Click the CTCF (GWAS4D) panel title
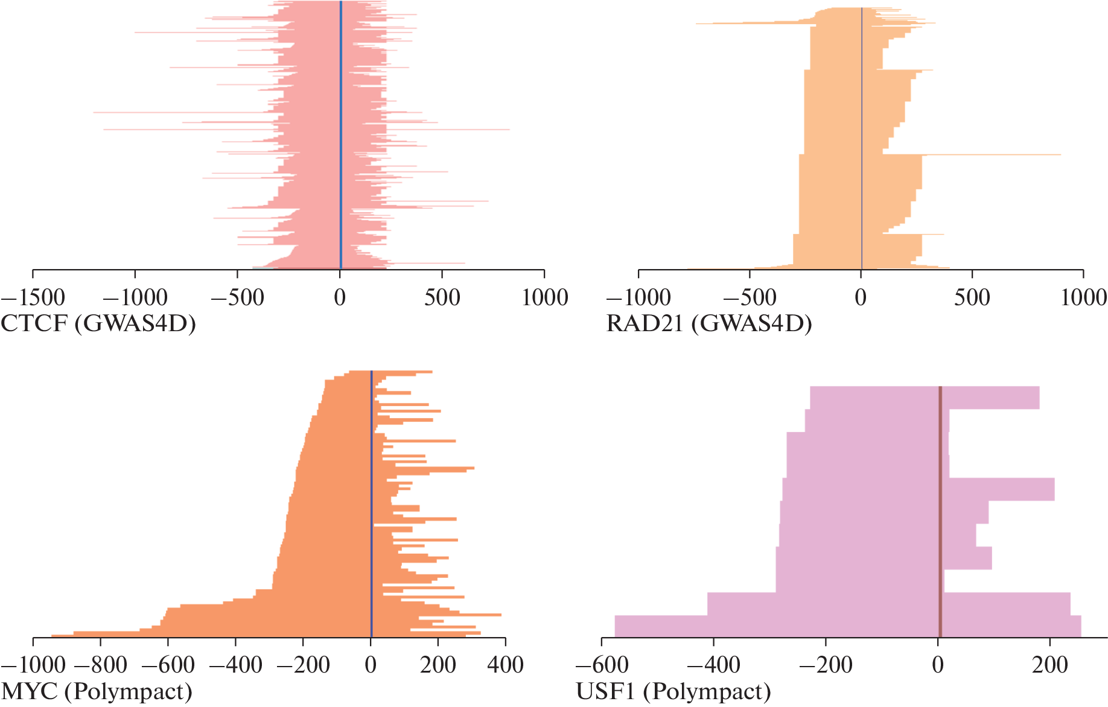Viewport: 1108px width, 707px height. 98,324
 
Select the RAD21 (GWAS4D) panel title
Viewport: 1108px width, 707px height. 708,324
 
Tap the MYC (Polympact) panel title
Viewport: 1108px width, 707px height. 97,691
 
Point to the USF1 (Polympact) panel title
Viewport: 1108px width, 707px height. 673,691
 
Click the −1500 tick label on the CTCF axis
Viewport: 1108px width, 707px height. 33,297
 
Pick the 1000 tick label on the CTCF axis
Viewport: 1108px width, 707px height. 544,297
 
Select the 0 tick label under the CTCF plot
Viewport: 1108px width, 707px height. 340,297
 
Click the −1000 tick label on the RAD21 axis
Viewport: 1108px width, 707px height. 638,297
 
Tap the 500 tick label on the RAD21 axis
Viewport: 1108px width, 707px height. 972,297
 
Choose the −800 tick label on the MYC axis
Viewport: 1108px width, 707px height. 100,665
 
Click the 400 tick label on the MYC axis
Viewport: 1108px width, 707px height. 505,665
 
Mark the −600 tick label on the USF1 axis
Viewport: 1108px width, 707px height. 602,665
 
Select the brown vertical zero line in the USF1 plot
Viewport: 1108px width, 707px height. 940,513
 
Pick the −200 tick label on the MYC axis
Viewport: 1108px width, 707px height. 303,665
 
